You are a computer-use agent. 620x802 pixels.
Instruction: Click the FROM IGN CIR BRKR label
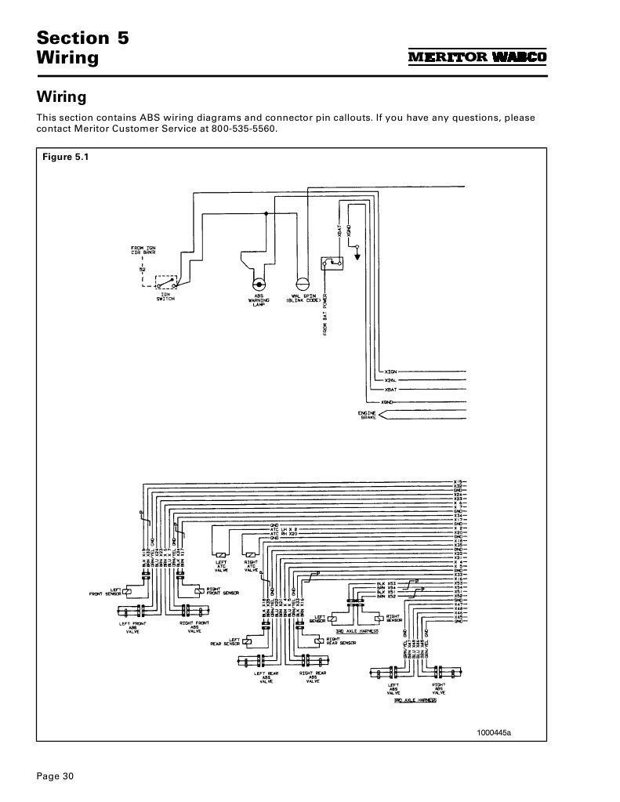143,253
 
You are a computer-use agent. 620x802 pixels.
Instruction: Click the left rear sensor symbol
247,642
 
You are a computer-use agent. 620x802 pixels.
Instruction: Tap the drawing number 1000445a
495,732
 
